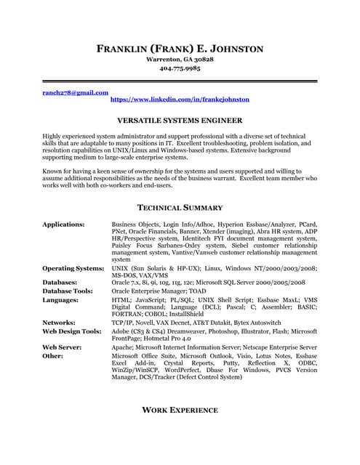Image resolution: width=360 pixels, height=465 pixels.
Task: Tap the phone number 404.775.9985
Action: point(180,69)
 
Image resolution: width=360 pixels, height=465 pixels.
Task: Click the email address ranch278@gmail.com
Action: point(75,93)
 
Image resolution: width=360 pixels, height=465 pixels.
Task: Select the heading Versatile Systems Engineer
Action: point(180,120)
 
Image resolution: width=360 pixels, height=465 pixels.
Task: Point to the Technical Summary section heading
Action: point(180,208)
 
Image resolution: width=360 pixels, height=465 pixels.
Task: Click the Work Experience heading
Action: point(180,410)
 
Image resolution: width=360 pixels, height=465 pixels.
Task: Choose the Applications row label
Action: point(63,225)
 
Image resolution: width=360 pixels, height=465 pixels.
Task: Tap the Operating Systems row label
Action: point(73,268)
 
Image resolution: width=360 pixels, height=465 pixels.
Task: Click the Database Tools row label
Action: point(70,291)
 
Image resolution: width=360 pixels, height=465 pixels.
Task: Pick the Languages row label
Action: point(60,299)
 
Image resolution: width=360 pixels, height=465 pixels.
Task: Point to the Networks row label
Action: point(59,321)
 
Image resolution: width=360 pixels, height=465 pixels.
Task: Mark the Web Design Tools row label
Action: point(71,330)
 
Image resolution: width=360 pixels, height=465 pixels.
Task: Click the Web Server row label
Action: point(62,347)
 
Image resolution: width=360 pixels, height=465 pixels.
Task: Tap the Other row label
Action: point(53,356)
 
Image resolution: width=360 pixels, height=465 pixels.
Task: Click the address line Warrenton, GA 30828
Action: point(180,59)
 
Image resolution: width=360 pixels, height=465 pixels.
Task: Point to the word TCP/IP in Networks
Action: point(121,321)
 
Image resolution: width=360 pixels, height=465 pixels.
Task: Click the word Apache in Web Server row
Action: point(123,347)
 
